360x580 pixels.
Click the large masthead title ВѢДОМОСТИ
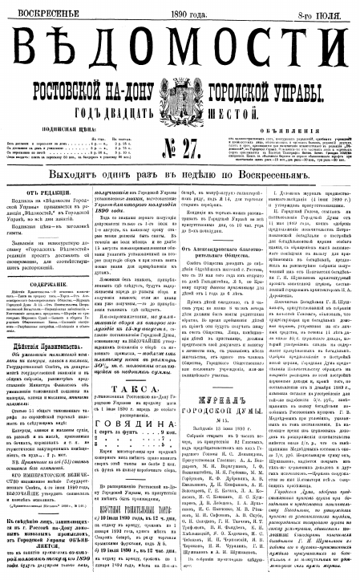[180, 41]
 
